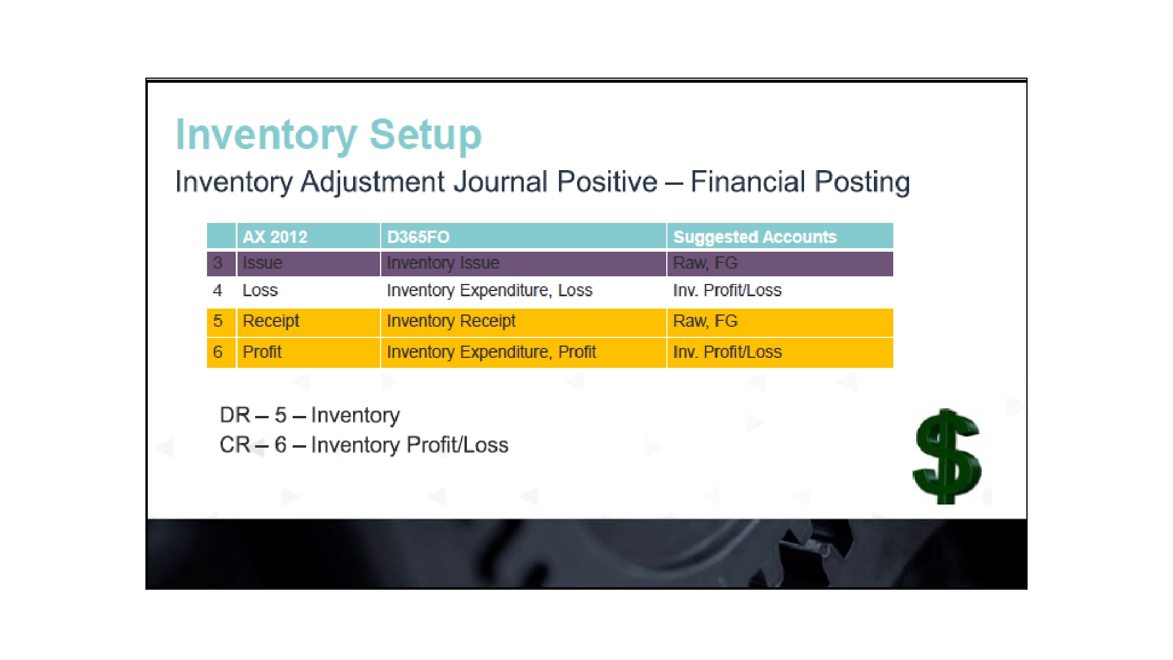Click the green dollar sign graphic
click(947, 456)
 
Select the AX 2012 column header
click(308, 236)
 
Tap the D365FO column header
click(524, 236)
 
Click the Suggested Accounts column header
click(780, 236)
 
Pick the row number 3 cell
click(221, 263)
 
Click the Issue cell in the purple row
click(308, 263)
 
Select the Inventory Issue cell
click(524, 263)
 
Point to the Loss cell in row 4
click(308, 290)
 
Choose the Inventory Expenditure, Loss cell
click(524, 290)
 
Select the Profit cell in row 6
click(308, 353)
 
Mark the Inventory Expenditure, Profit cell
click(524, 353)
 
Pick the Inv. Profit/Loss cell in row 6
click(780, 353)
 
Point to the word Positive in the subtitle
click(607, 181)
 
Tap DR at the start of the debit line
click(235, 415)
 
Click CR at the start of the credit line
click(235, 445)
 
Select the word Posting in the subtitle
click(862, 182)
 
